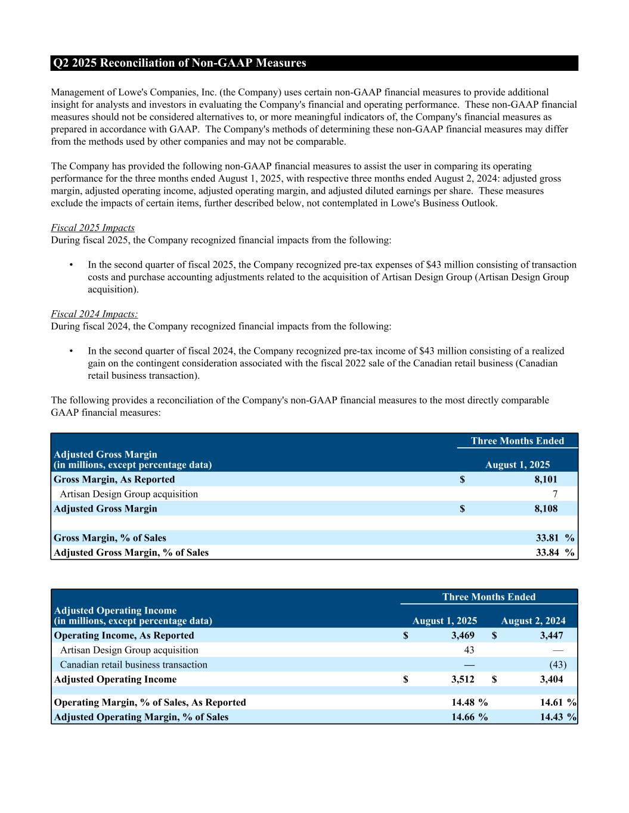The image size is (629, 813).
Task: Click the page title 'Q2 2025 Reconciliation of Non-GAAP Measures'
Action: [179, 63]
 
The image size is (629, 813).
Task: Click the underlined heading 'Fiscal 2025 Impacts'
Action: [92, 228]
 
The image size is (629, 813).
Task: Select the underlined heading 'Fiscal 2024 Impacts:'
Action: [94, 314]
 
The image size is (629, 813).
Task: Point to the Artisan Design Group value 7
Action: [554, 494]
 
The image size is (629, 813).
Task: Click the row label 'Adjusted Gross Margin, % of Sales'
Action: [131, 553]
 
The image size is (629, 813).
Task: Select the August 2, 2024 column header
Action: [533, 621]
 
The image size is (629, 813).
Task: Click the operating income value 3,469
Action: [463, 636]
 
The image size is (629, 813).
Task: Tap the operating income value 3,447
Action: [551, 636]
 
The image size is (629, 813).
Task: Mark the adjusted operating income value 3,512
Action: [463, 680]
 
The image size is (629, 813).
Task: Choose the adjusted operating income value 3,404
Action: [551, 680]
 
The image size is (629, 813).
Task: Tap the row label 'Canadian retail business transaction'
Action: [134, 665]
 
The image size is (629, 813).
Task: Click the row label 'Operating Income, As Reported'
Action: [124, 636]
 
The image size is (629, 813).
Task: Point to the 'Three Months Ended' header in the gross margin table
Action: [517, 441]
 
